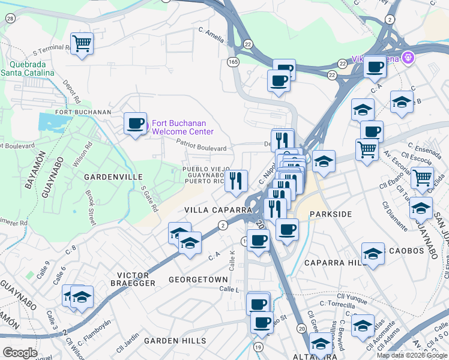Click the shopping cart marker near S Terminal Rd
(x=81, y=43)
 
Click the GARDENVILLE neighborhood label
(x=113, y=177)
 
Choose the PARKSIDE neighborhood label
(x=330, y=214)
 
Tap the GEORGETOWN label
(x=198, y=280)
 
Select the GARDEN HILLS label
(x=175, y=341)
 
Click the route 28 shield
(x=10, y=19)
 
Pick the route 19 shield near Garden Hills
(x=258, y=347)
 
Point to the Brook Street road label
(x=91, y=208)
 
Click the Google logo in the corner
(x=20, y=353)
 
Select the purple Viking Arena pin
(x=408, y=58)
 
